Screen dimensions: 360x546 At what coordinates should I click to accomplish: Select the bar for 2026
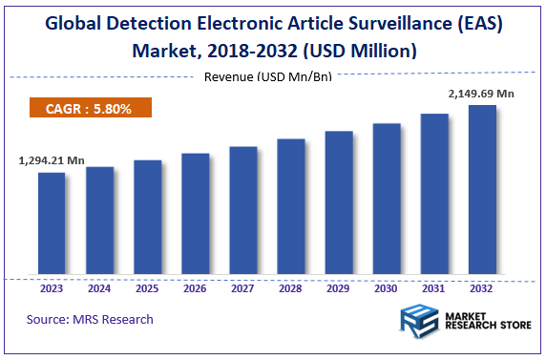pyautogui.click(x=195, y=216)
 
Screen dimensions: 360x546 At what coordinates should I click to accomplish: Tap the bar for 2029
pyautogui.click(x=339, y=204)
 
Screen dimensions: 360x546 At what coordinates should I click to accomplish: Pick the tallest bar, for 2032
pyautogui.click(x=482, y=191)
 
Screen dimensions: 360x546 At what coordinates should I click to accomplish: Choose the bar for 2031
pyautogui.click(x=434, y=196)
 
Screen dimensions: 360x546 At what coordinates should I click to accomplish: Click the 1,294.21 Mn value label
pyautogui.click(x=52, y=161)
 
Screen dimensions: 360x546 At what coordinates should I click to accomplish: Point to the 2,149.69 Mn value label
pyautogui.click(x=481, y=94)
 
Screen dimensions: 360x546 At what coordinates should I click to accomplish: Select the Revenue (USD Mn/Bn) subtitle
pyautogui.click(x=267, y=76)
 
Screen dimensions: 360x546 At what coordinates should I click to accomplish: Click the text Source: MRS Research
pyautogui.click(x=90, y=319)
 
